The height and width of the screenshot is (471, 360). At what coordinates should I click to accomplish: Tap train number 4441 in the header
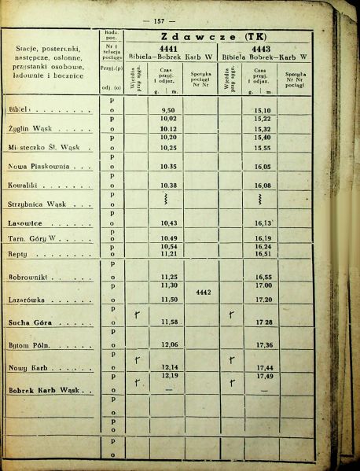click(171, 47)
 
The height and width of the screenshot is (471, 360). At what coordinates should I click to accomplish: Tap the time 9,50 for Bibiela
click(167, 111)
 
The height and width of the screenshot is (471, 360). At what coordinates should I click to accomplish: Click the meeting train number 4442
click(204, 292)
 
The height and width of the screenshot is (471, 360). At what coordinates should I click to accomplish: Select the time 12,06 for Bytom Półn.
click(167, 345)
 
